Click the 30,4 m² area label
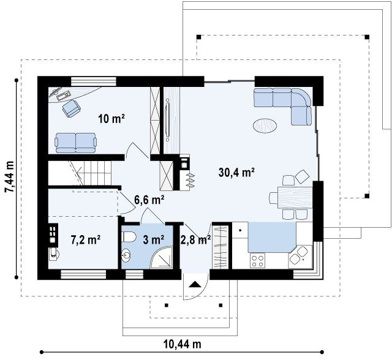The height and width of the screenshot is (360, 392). (x=236, y=173)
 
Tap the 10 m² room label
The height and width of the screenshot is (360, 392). (x=111, y=119)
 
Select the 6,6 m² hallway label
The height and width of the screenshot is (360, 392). (x=149, y=200)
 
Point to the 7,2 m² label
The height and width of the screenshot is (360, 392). (x=86, y=240)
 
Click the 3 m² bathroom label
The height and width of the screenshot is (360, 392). (x=154, y=240)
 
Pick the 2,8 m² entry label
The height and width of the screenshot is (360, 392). (x=195, y=240)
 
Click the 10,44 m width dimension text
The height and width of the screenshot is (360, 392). (x=183, y=344)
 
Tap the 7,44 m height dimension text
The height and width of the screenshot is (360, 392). (x=10, y=176)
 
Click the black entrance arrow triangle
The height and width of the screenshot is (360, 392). (x=195, y=285)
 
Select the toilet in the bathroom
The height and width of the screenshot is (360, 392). (x=129, y=236)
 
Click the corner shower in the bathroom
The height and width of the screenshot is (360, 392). (x=162, y=257)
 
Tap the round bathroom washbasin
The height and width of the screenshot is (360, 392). (x=126, y=255)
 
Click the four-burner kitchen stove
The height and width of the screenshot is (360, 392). (x=257, y=261)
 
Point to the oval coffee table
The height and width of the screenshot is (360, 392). (x=265, y=125)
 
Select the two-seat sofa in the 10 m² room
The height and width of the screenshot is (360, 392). (x=76, y=143)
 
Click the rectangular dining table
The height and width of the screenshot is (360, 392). (x=295, y=197)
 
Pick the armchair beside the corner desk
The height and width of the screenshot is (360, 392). (x=72, y=108)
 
